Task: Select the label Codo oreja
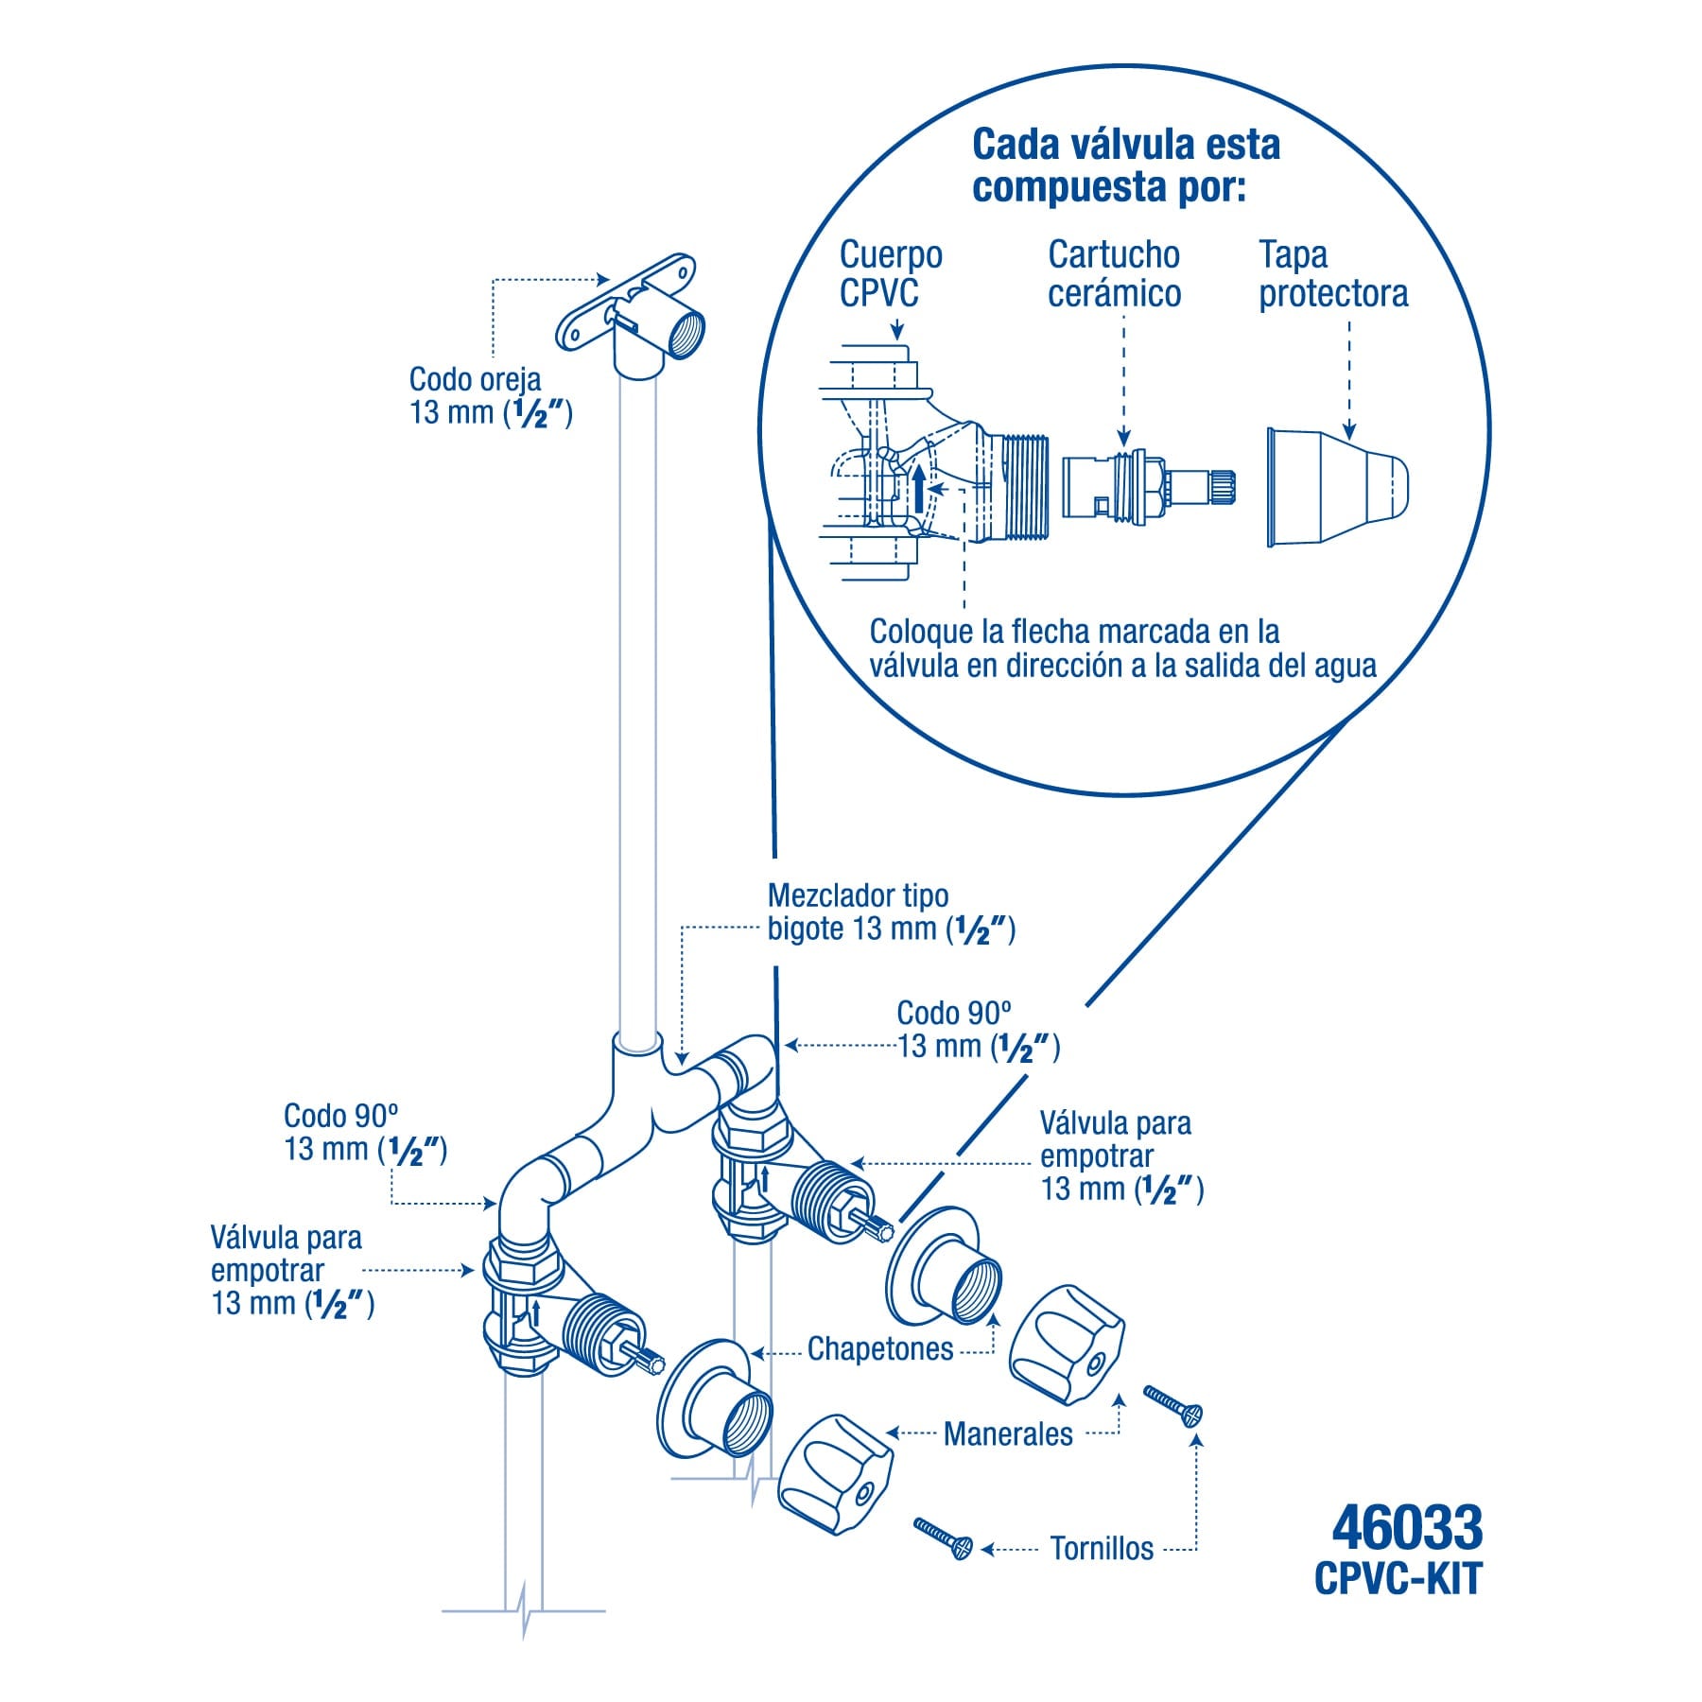pyautogui.click(x=475, y=379)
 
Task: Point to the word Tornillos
pyautogui.click(x=1102, y=1549)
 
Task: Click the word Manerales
pyautogui.click(x=1008, y=1434)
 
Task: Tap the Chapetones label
pyautogui.click(x=880, y=1348)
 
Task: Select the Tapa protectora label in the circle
pyautogui.click(x=1332, y=274)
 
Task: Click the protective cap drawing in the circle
pyautogui.click(x=1337, y=487)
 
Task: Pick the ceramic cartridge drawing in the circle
pyautogui.click(x=1148, y=488)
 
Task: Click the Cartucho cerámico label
pyautogui.click(x=1114, y=274)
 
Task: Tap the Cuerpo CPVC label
pyautogui.click(x=891, y=274)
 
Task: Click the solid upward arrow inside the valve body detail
pyautogui.click(x=918, y=489)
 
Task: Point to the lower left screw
pyautogui.click(x=942, y=1538)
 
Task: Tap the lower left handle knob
pyautogui.click(x=836, y=1475)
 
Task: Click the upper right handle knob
pyautogui.click(x=1065, y=1333)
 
